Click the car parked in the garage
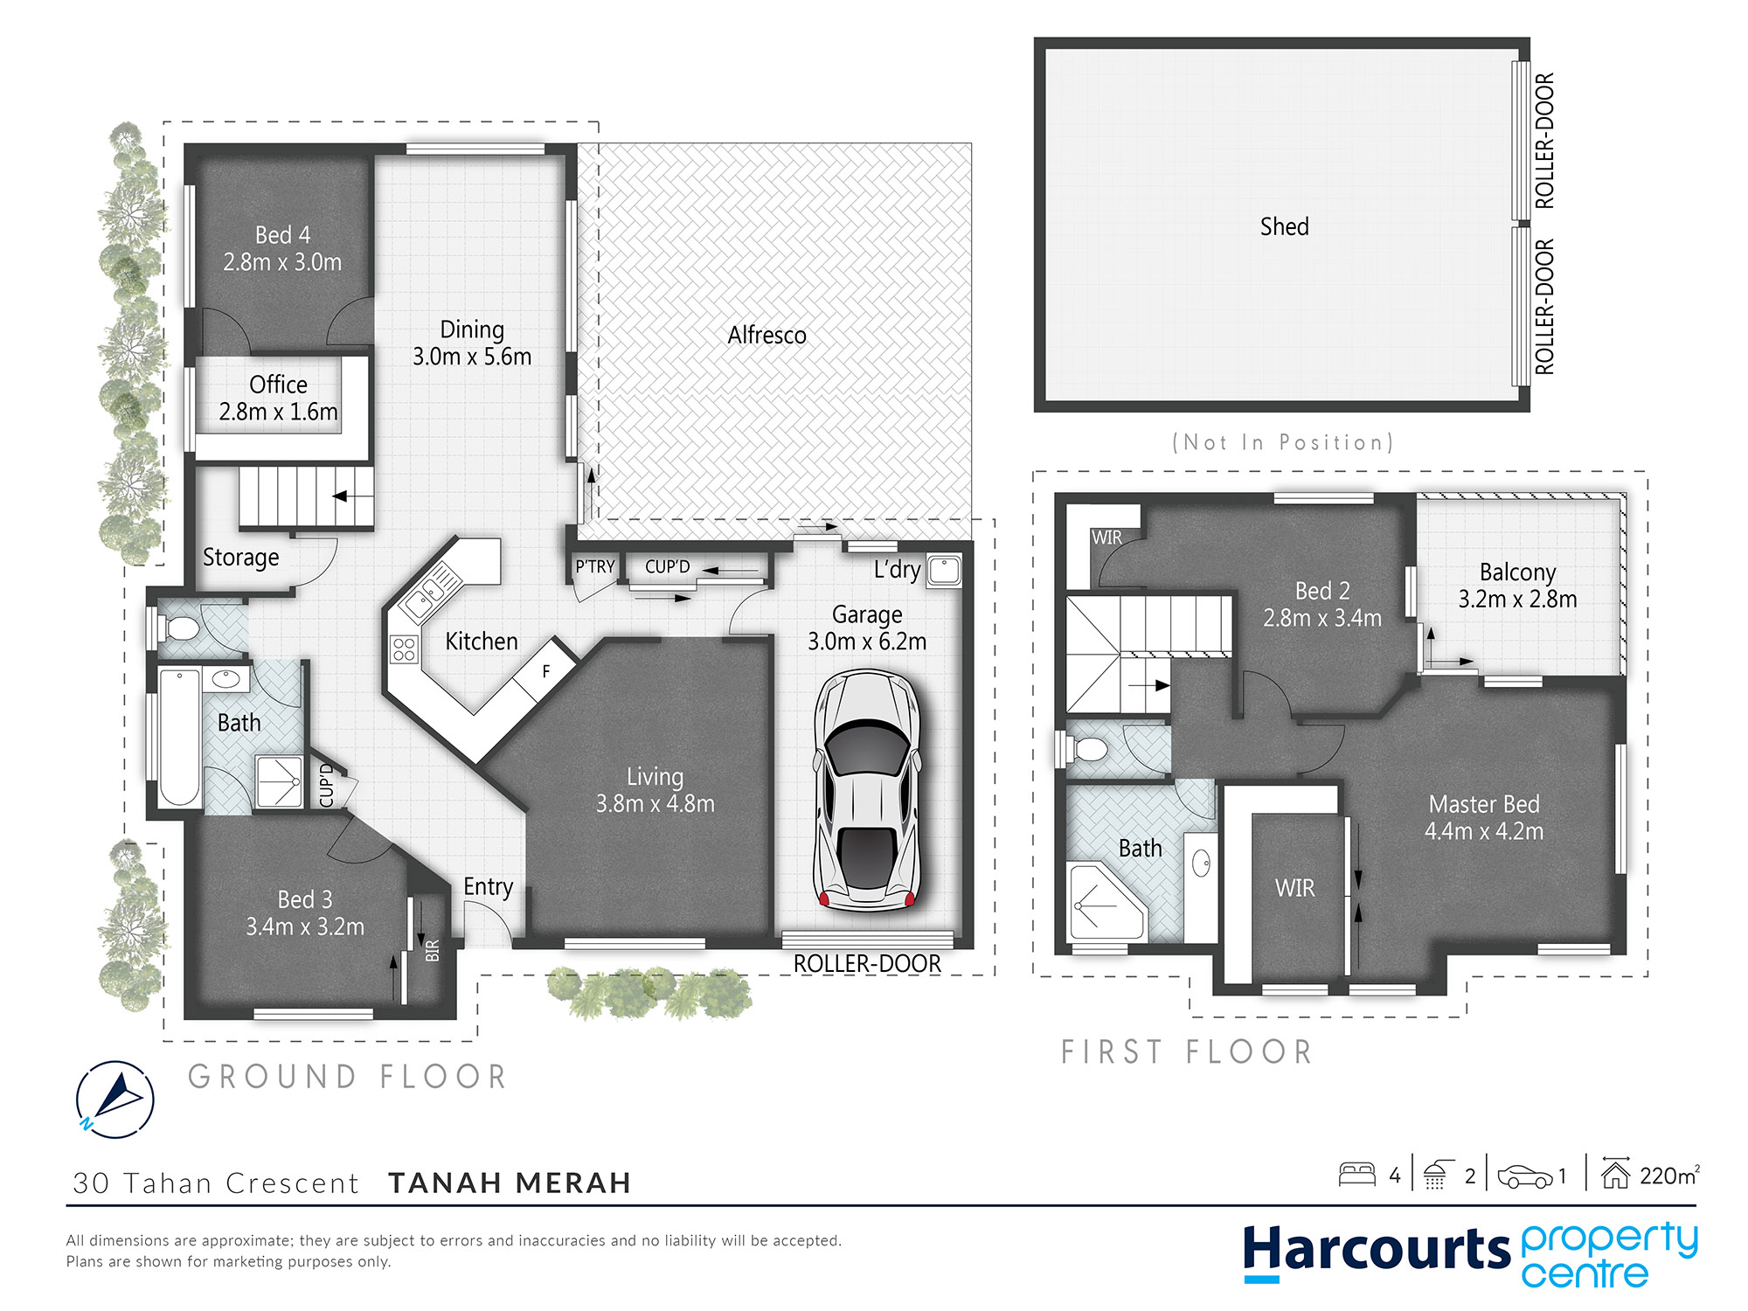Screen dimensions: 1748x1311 pyautogui.click(x=867, y=791)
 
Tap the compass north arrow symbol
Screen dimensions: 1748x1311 pyautogui.click(x=115, y=1099)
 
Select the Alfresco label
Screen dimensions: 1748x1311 pyautogui.click(x=766, y=335)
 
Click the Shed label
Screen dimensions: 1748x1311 pyautogui.click(x=1284, y=226)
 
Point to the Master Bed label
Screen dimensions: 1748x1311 pyautogui.click(x=1484, y=804)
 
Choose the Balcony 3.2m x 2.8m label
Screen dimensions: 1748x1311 pyautogui.click(x=1518, y=586)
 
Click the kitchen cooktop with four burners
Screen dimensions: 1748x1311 pyautogui.click(x=404, y=649)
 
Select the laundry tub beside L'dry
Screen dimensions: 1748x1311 pyautogui.click(x=944, y=571)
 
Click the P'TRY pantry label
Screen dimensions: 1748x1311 pyautogui.click(x=594, y=566)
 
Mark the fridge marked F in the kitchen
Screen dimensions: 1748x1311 pyautogui.click(x=545, y=670)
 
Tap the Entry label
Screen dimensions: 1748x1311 pyautogui.click(x=488, y=887)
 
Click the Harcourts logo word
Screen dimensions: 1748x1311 pyautogui.click(x=1377, y=1250)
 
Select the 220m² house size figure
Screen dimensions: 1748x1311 pyautogui.click(x=1669, y=1176)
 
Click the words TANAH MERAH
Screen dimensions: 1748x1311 pyautogui.click(x=510, y=1183)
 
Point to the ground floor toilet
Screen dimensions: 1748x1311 pyautogui.click(x=179, y=628)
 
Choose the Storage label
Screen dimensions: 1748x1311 pyautogui.click(x=241, y=558)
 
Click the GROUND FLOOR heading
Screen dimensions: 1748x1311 pyautogui.click(x=348, y=1076)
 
